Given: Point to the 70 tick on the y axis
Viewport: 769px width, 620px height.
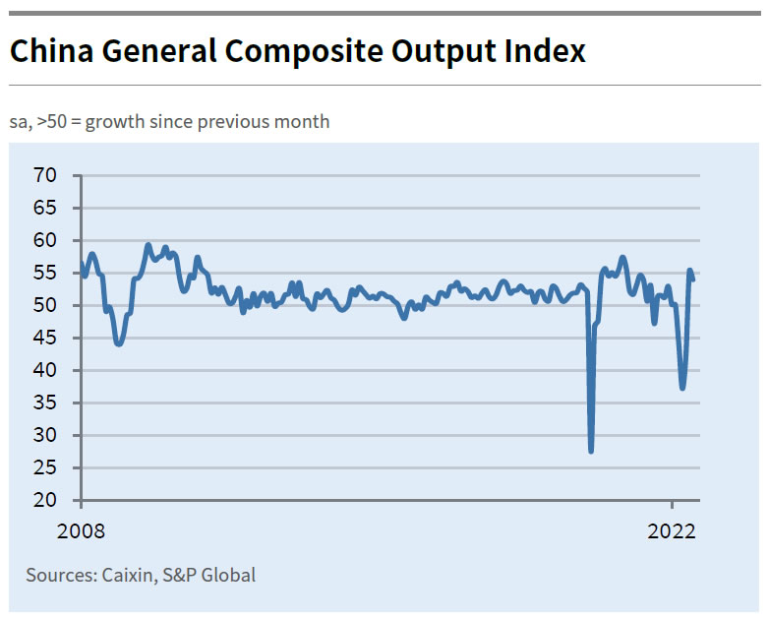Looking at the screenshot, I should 45,175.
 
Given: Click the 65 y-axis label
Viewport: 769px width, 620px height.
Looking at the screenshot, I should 45,208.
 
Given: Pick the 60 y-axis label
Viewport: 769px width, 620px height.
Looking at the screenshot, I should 45,240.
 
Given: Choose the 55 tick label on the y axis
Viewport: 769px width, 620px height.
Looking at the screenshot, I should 45,273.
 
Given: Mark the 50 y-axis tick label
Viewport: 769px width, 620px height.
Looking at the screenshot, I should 45,305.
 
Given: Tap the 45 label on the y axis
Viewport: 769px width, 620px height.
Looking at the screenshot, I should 45,338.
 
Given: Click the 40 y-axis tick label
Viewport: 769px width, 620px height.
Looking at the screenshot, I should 45,370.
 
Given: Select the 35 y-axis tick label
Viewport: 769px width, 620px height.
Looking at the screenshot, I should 45,403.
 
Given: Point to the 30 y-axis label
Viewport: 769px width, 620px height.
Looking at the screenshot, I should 45,435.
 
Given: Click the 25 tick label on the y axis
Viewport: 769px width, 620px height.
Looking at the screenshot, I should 45,467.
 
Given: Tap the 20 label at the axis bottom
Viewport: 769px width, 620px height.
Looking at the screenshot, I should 45,500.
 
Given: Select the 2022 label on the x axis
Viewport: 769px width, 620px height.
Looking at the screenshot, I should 672,531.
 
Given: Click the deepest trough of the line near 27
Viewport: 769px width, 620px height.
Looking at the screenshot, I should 591,450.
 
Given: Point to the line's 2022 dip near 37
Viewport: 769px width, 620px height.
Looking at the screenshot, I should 682,388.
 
